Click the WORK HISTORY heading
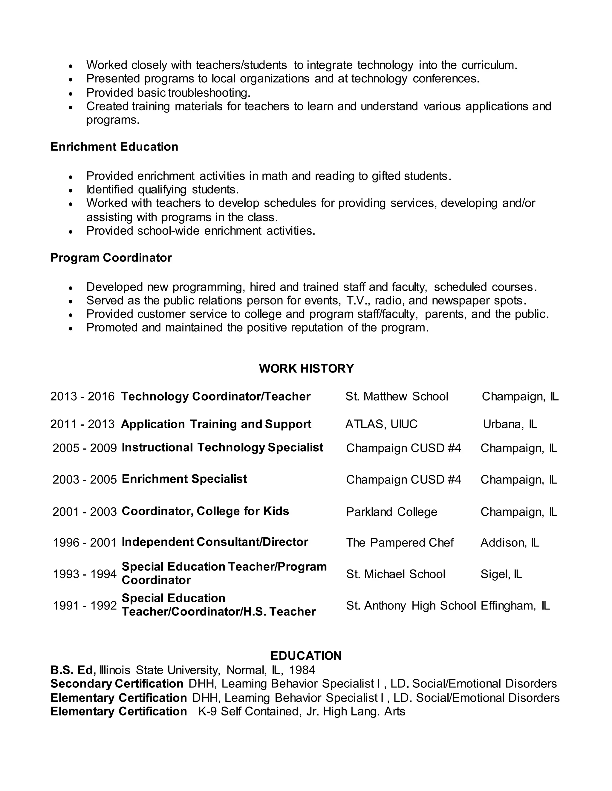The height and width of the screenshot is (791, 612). (306, 368)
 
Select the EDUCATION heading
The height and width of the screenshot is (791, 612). (306, 655)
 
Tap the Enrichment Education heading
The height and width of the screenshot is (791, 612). (114, 147)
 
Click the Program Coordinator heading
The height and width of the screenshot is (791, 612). (111, 258)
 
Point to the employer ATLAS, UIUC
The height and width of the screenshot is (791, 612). (381, 424)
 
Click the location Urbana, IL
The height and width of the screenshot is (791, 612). (510, 424)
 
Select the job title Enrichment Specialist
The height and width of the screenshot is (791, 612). (184, 479)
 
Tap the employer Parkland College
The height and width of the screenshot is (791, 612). (391, 512)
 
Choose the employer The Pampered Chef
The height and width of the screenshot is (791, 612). (400, 543)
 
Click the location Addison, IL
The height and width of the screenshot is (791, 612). (510, 543)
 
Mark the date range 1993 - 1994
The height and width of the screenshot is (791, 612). (85, 574)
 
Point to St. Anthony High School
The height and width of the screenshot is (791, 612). (411, 606)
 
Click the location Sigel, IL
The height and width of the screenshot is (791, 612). (501, 574)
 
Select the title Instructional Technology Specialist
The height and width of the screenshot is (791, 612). (222, 448)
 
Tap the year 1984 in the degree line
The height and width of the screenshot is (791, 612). (302, 670)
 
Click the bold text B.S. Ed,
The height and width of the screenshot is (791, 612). (73, 670)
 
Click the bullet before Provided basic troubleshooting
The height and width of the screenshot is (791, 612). (71, 93)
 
